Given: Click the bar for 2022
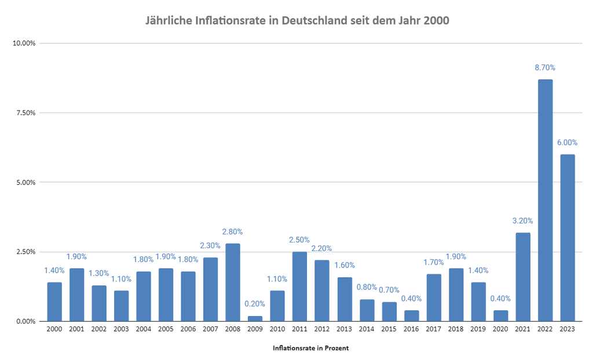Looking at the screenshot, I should (x=545, y=200).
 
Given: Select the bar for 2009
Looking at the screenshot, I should (x=255, y=318).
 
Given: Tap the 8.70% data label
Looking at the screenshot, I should (x=545, y=68).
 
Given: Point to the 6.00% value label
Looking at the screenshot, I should (x=567, y=142).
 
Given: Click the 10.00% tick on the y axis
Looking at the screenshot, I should (x=24, y=43).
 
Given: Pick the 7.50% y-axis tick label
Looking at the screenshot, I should (x=25, y=113).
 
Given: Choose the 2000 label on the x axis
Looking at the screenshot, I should (x=54, y=329).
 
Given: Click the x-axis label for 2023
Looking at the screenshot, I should (x=567, y=329).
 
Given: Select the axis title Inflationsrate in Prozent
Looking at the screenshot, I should (x=310, y=348).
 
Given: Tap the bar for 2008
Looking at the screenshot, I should (x=232, y=282).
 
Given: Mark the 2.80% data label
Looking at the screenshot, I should (x=232, y=232).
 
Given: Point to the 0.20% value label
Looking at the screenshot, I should (x=255, y=304).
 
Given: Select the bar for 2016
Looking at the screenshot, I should (x=411, y=315).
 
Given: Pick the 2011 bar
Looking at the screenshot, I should (x=299, y=286).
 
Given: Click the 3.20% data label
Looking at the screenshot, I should (x=522, y=221).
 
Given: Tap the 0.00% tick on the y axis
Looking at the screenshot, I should (x=25, y=321).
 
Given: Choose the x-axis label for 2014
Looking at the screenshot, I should (x=367, y=329).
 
